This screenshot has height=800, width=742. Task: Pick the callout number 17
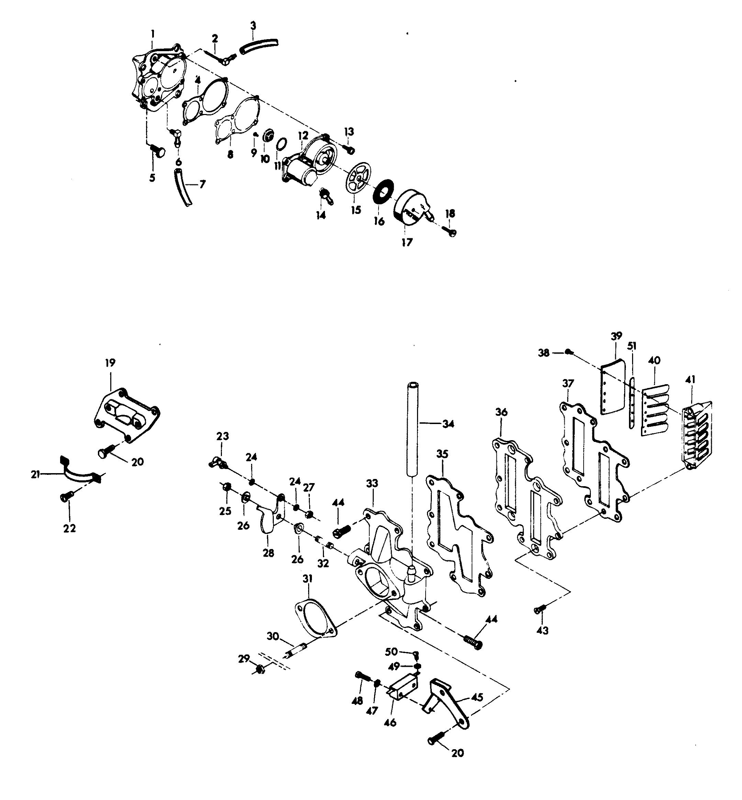tap(407, 242)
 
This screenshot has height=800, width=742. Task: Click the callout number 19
tap(110, 363)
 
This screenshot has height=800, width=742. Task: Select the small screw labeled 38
tap(568, 352)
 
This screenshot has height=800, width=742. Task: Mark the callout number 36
tap(502, 412)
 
